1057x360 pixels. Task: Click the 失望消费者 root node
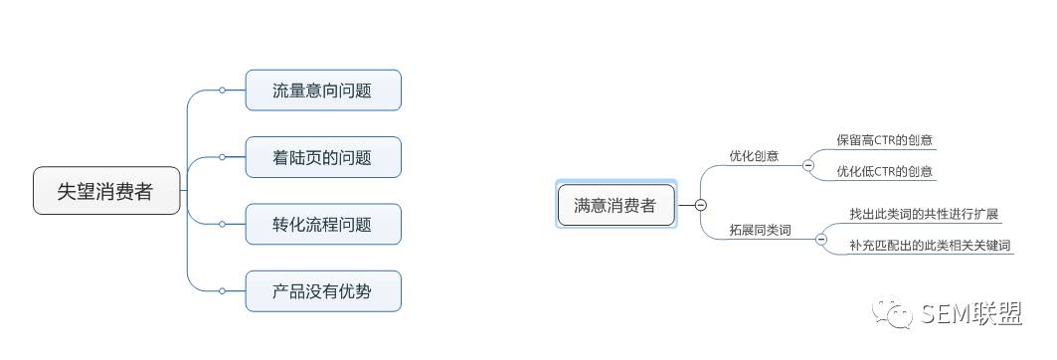pyautogui.click(x=106, y=191)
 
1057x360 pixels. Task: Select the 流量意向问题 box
pyautogui.click(x=323, y=90)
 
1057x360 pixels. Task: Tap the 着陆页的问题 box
pyautogui.click(x=323, y=157)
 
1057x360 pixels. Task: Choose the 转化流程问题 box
pyautogui.click(x=323, y=224)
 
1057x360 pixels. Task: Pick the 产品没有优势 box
pyautogui.click(x=323, y=291)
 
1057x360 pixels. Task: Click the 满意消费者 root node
pyautogui.click(x=617, y=205)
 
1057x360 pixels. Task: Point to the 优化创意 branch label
pyautogui.click(x=754, y=156)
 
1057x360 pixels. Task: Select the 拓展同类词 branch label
pyautogui.click(x=761, y=231)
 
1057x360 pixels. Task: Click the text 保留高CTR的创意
pyautogui.click(x=884, y=140)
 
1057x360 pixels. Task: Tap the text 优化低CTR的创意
pyautogui.click(x=884, y=171)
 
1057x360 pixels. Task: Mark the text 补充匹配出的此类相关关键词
pyautogui.click(x=931, y=246)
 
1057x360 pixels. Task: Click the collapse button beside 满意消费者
pyautogui.click(x=700, y=205)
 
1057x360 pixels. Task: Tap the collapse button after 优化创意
pyautogui.click(x=808, y=164)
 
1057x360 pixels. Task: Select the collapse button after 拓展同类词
pyautogui.click(x=821, y=239)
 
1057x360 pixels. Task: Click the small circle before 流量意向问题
pyautogui.click(x=222, y=90)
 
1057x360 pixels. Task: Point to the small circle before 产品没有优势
pyautogui.click(x=222, y=291)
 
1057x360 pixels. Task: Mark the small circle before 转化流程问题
pyautogui.click(x=222, y=224)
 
